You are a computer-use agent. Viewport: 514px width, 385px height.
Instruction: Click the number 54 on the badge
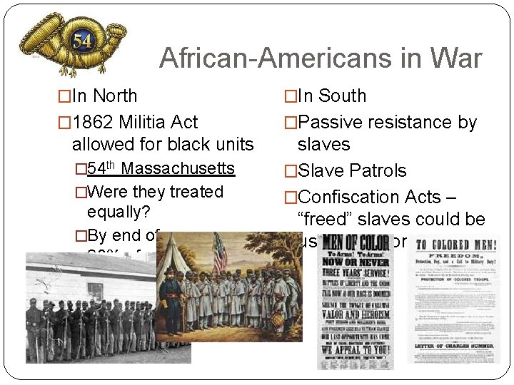(81, 41)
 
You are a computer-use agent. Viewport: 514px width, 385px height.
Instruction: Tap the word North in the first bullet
(115, 96)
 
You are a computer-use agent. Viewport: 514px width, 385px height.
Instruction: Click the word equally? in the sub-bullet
(118, 212)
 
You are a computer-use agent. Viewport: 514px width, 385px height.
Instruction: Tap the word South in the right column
(342, 96)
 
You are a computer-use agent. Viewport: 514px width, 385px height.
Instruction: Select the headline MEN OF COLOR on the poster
(355, 243)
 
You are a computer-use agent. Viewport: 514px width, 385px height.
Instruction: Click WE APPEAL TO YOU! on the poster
(355, 350)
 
